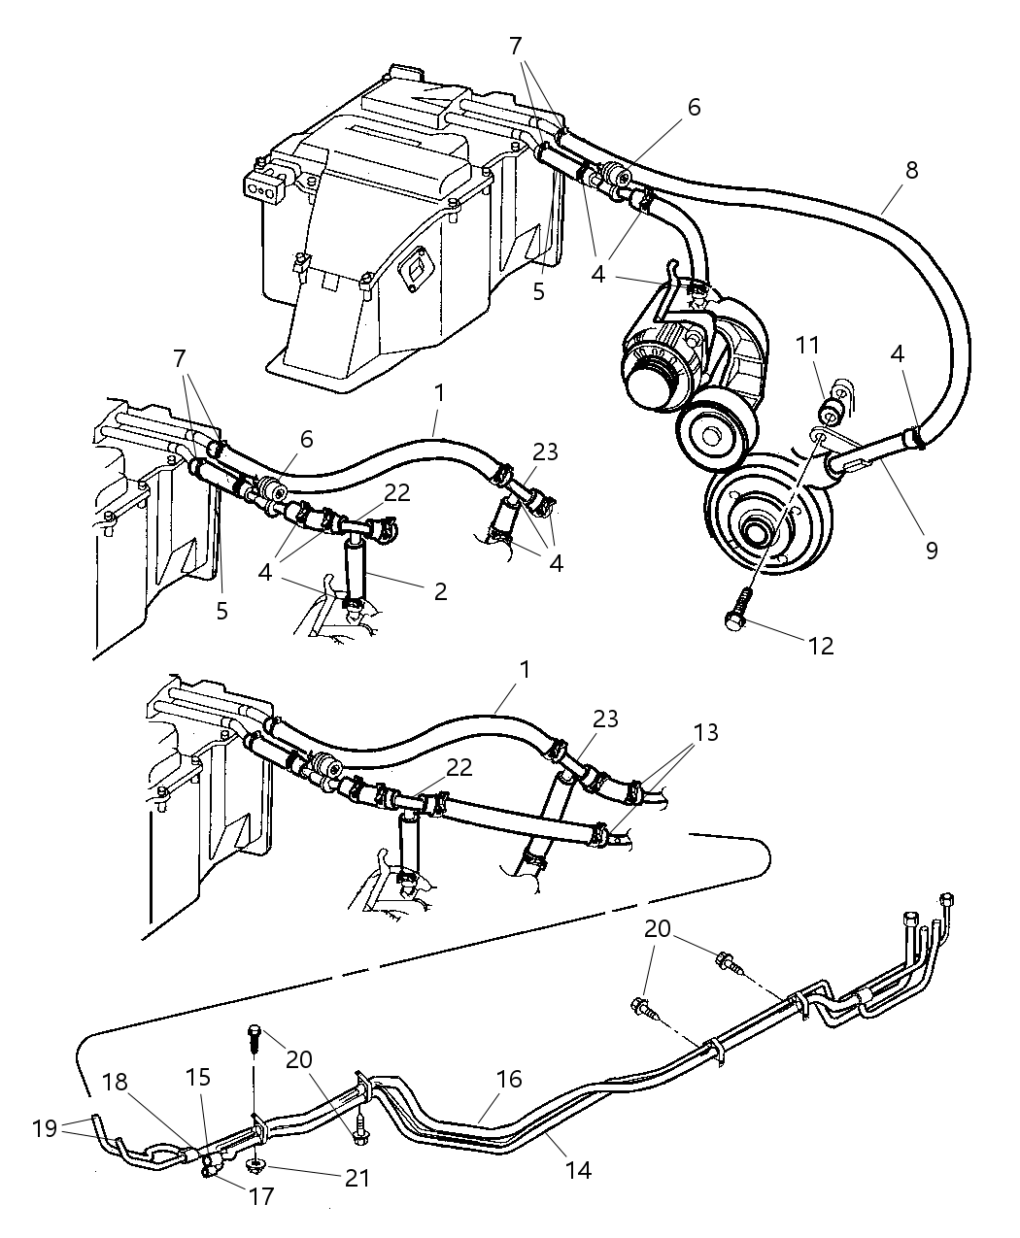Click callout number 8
[x=910, y=170]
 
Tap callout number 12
[x=821, y=646]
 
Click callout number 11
[x=808, y=345]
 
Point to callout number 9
[x=931, y=551]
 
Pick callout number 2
[x=440, y=590]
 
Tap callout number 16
[x=508, y=1079]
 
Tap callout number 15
[x=200, y=1078]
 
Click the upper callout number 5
[x=539, y=290]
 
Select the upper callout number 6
[x=694, y=108]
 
